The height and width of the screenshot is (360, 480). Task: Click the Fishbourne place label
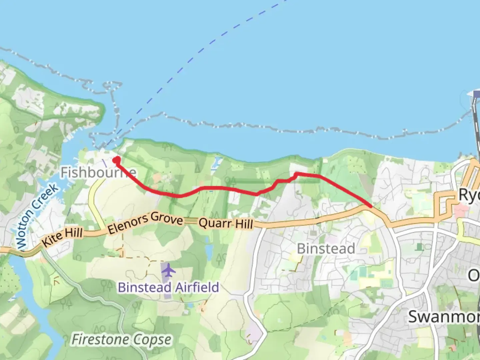[98, 172]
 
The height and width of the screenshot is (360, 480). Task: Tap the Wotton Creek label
[37, 216]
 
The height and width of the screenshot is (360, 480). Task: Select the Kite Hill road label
[62, 236]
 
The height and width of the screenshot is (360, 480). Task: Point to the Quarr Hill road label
[226, 223]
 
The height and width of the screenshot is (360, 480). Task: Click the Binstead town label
[326, 249]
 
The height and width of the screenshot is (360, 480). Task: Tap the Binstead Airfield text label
[168, 287]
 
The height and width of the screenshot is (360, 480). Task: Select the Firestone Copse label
[122, 340]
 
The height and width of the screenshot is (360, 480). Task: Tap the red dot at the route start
[116, 160]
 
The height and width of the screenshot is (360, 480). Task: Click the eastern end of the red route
[371, 206]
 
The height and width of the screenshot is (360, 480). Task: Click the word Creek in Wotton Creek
[48, 197]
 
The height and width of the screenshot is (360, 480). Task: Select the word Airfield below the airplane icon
[197, 287]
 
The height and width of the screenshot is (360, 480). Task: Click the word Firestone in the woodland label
[100, 340]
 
